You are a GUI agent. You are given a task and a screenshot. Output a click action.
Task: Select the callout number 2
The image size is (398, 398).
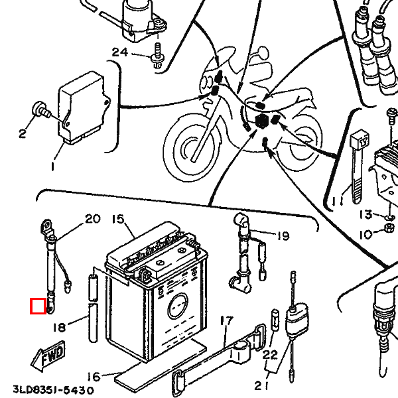[22, 133]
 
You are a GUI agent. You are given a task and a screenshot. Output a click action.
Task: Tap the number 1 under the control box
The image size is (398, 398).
[52, 168]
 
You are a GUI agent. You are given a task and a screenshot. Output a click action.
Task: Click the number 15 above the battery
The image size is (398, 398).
[117, 219]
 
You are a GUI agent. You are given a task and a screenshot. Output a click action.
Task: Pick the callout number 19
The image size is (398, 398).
[283, 235]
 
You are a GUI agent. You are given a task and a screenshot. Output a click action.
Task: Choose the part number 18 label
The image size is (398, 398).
[59, 326]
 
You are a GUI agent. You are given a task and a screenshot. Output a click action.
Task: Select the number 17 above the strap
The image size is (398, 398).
[226, 322]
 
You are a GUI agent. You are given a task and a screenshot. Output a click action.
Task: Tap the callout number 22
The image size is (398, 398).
[269, 355]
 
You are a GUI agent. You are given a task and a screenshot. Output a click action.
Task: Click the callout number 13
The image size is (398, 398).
[366, 214]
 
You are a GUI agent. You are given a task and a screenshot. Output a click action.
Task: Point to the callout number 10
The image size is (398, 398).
[366, 234]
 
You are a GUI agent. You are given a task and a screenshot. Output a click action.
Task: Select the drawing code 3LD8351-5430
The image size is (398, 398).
[53, 390]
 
